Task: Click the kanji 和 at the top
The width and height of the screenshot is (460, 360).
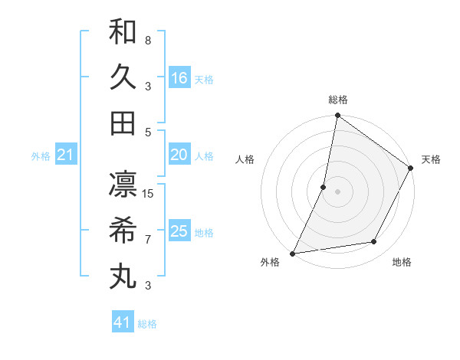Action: coord(123,31)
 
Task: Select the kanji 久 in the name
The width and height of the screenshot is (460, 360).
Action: coord(123,77)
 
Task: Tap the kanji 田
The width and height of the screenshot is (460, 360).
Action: coord(123,123)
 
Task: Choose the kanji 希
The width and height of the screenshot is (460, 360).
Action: coord(123,230)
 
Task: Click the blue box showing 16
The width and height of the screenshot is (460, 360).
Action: coord(179,78)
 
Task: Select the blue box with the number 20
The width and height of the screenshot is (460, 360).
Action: coord(179,155)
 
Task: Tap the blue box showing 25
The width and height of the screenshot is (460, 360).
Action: coord(179,231)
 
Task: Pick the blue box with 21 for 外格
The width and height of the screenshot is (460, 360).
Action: coord(66,155)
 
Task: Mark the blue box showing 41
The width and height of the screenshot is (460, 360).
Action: coord(123,322)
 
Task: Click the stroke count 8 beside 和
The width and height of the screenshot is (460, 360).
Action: coord(148,40)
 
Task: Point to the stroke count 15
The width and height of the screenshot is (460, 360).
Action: coord(149,193)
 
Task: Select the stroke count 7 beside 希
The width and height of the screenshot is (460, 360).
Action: coord(148,239)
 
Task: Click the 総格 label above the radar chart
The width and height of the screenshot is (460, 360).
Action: coord(337,100)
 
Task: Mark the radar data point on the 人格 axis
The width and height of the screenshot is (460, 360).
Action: coord(324,186)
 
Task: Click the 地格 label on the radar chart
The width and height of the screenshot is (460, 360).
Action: coord(402,262)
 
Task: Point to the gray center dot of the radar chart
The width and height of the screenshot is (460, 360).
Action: coord(337,191)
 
